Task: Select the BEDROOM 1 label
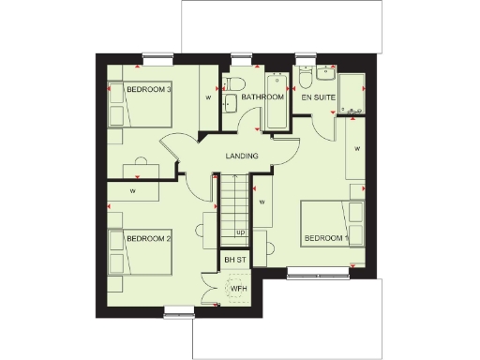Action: pyautogui.click(x=326, y=240)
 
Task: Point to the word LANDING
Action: pyautogui.click(x=243, y=156)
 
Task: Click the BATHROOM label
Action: pyautogui.click(x=262, y=97)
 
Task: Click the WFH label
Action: pyautogui.click(x=239, y=288)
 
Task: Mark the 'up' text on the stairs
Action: pyautogui.click(x=240, y=232)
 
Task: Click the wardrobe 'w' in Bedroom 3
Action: pyautogui.click(x=207, y=97)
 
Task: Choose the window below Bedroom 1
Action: pyautogui.click(x=318, y=273)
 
